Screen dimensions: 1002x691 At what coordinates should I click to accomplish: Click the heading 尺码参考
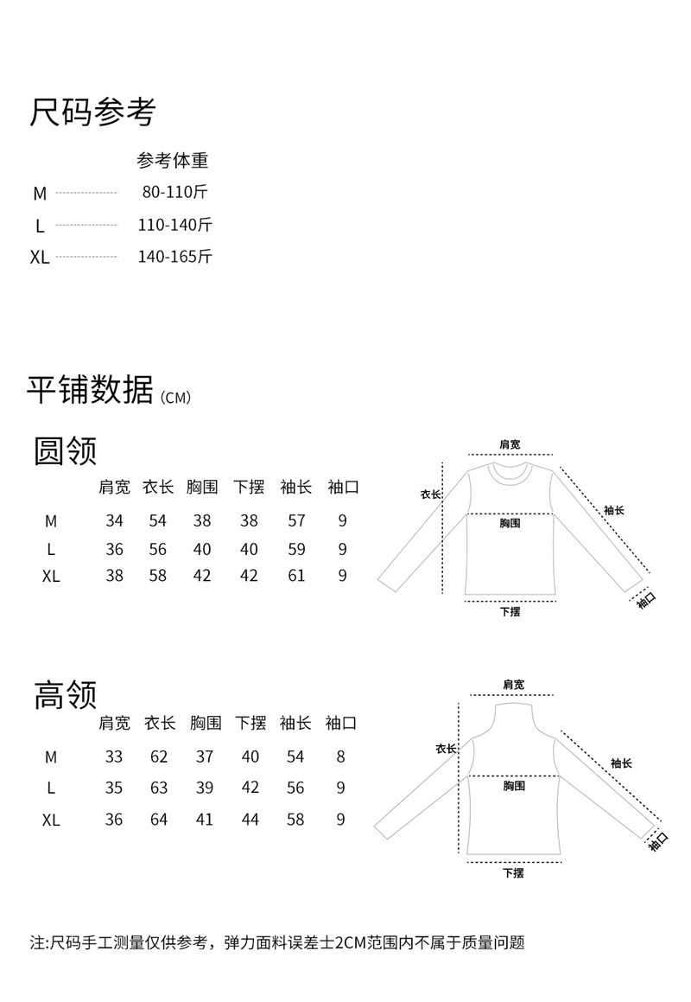pyautogui.click(x=92, y=112)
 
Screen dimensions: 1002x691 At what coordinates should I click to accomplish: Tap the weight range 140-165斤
pyautogui.click(x=174, y=256)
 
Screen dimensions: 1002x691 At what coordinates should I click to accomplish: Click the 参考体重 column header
pyautogui.click(x=173, y=161)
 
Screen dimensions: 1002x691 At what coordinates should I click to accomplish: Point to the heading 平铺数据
pyautogui.click(x=90, y=390)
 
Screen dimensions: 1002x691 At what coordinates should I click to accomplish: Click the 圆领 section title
pyautogui.click(x=66, y=450)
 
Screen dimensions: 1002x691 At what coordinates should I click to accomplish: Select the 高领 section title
pyautogui.click(x=66, y=694)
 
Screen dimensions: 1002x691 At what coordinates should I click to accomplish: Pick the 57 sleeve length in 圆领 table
pyautogui.click(x=296, y=520)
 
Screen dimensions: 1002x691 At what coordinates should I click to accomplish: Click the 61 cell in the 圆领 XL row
pyautogui.click(x=296, y=575)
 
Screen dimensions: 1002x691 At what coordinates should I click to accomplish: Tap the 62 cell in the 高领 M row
pyautogui.click(x=159, y=756)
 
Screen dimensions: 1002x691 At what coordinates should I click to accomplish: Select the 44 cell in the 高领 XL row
pyautogui.click(x=250, y=820)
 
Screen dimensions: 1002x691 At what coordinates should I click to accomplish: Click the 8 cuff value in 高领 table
pyautogui.click(x=341, y=756)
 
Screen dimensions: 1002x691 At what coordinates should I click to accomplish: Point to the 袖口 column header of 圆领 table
pyautogui.click(x=343, y=487)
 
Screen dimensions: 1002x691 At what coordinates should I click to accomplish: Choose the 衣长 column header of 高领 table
pyautogui.click(x=160, y=723)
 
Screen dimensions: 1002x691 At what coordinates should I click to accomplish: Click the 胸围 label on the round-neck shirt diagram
pyautogui.click(x=510, y=523)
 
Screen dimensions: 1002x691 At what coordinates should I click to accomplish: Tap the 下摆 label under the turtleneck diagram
pyautogui.click(x=513, y=872)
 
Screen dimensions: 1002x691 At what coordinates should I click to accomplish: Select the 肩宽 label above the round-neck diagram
pyautogui.click(x=510, y=444)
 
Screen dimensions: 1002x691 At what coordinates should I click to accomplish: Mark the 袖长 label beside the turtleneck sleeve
pyautogui.click(x=621, y=763)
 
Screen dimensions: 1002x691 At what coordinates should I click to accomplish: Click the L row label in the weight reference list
pyautogui.click(x=40, y=226)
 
